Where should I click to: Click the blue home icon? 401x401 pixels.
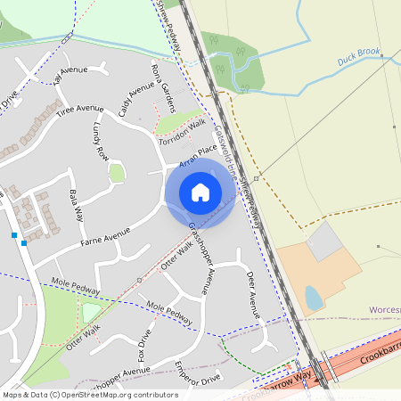pyautogui.click(x=200, y=192)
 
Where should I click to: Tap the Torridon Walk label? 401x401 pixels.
pyautogui.click(x=182, y=132)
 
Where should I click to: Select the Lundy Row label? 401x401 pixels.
pyautogui.click(x=100, y=143)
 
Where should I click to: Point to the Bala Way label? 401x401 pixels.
pyautogui.click(x=77, y=206)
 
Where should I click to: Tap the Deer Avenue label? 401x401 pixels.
pyautogui.click(x=252, y=294)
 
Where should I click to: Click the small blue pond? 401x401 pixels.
pyautogui.click(x=314, y=298)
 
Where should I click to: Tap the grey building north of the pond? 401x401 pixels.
pyautogui.click(x=323, y=241)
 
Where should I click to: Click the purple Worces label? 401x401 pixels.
pyautogui.click(x=384, y=310)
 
